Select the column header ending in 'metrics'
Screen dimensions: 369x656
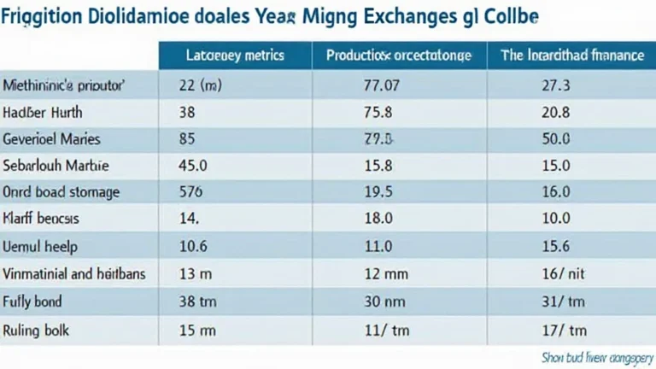coord(235,56)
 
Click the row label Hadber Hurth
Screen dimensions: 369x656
coord(41,112)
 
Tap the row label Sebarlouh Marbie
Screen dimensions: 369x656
coord(56,165)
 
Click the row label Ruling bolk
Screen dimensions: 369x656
coord(37,329)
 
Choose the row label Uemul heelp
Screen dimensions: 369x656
coord(40,247)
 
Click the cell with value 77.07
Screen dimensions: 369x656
coord(382,85)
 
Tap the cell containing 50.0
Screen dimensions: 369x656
coord(555,138)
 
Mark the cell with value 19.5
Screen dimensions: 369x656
coord(378,192)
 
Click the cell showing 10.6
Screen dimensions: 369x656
coord(193,247)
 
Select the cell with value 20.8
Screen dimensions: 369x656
coord(555,112)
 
